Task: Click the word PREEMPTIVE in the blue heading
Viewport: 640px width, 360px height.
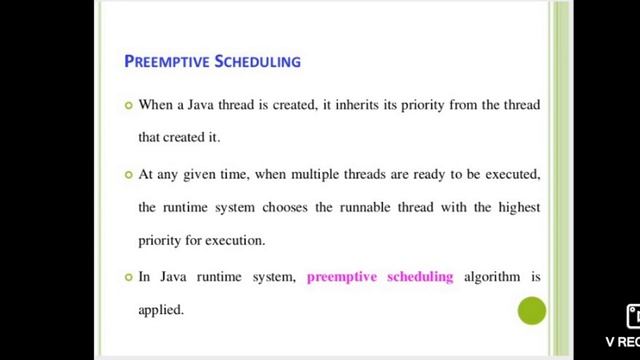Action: pyautogui.click(x=166, y=62)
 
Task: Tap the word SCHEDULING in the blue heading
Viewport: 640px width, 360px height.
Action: pyautogui.click(x=257, y=62)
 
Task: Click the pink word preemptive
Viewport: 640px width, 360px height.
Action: pyautogui.click(x=342, y=276)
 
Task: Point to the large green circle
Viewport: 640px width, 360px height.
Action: pyautogui.click(x=531, y=311)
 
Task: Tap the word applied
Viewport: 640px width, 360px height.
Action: pyautogui.click(x=160, y=310)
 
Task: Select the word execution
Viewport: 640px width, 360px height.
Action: pyautogui.click(x=237, y=241)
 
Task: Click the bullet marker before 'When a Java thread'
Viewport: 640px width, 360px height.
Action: pyautogui.click(x=127, y=105)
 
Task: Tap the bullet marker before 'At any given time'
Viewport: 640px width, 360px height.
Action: pyautogui.click(x=127, y=174)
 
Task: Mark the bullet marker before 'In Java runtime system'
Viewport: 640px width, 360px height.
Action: pyautogui.click(x=127, y=276)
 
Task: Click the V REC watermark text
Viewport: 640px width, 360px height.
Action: pyautogui.click(x=622, y=341)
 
